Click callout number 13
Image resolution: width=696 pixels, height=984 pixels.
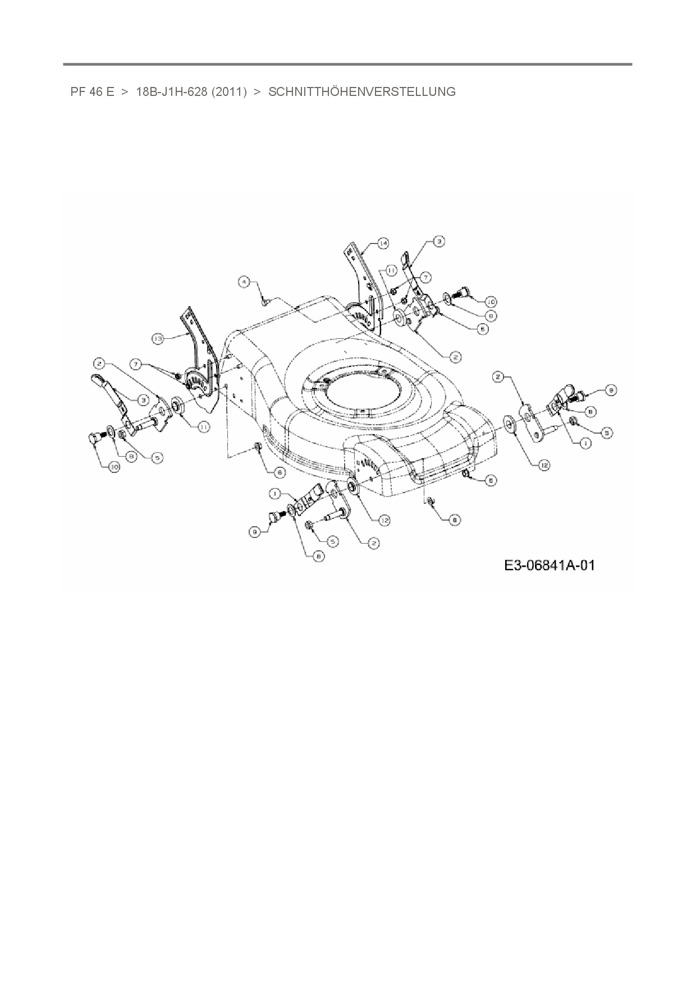pyautogui.click(x=158, y=338)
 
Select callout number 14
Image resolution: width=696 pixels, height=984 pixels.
pyautogui.click(x=382, y=243)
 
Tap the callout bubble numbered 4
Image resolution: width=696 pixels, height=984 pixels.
pyautogui.click(x=244, y=282)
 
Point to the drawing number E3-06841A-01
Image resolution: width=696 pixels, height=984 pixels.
pyautogui.click(x=549, y=565)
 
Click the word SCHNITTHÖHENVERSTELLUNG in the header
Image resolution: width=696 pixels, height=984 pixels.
pyautogui.click(x=362, y=92)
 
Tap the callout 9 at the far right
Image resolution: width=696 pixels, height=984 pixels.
pyautogui.click(x=611, y=389)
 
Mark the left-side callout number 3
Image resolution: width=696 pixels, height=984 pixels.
pyautogui.click(x=144, y=399)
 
